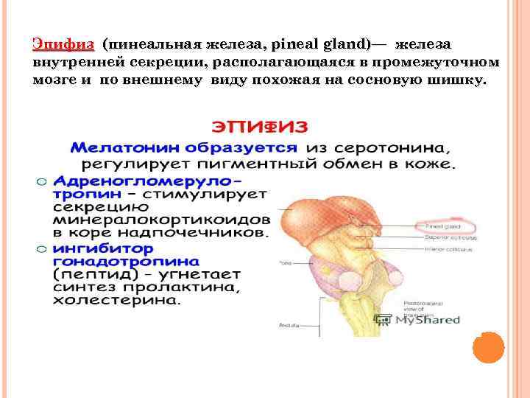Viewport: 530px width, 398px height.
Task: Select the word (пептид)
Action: tap(83, 273)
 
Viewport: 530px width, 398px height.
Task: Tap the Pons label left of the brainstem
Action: tap(286, 262)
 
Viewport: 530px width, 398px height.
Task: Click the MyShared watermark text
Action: tap(427, 320)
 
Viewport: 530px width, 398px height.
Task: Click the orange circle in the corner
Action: tap(487, 347)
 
